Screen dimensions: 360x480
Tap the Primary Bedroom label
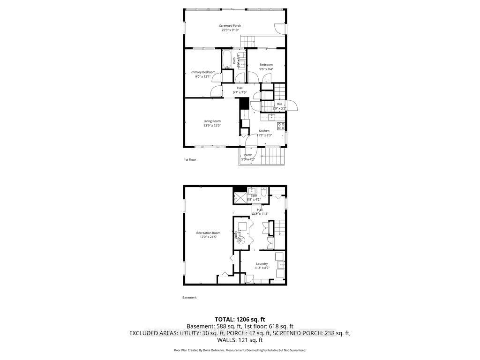[x=202, y=72]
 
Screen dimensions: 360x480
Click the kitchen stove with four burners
[x=281, y=126]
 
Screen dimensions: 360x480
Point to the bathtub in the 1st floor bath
[x=227, y=60]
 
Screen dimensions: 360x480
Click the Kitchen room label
[x=264, y=131]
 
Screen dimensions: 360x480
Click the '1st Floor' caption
[x=190, y=160]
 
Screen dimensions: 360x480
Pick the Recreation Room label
[x=209, y=233]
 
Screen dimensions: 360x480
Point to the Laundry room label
[x=262, y=264]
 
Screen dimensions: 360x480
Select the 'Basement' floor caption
[x=189, y=298]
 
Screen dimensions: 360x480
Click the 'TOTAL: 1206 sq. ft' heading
[x=240, y=320]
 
